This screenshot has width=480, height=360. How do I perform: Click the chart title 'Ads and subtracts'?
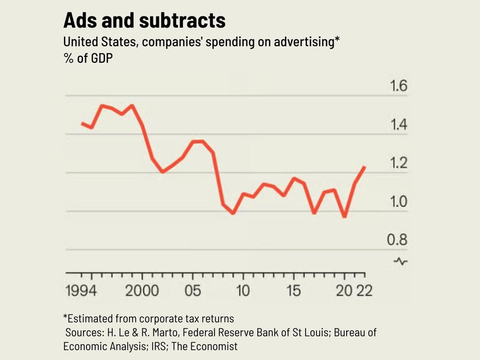145,21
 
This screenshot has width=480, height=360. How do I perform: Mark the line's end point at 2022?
364,168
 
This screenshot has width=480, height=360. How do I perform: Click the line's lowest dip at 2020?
344,217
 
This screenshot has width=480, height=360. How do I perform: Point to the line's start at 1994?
82,123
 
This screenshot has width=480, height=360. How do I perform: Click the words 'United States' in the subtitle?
95,43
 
